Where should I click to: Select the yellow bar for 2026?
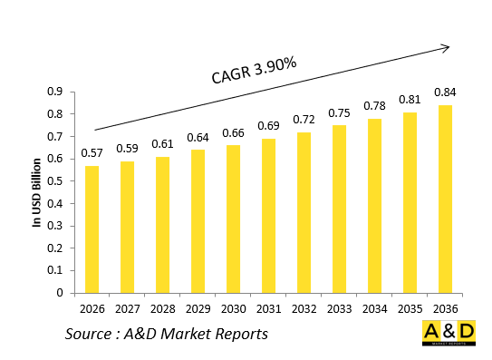tap(92, 229)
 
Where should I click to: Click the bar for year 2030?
tap(233, 219)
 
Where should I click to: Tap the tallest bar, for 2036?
tap(445, 199)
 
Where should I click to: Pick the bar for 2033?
tap(339, 209)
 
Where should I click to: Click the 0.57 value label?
tap(92, 153)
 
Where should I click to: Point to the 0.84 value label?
tap(445, 92)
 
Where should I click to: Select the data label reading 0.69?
tap(268, 126)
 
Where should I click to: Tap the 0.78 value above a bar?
tap(374, 106)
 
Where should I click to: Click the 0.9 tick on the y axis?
tap(55, 92)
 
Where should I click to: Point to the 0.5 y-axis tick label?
tap(55, 181)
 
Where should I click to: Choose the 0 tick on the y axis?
tap(59, 293)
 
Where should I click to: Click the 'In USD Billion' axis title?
tap(37, 191)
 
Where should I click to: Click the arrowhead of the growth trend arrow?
tap(446, 46)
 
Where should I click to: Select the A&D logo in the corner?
tap(449, 334)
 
